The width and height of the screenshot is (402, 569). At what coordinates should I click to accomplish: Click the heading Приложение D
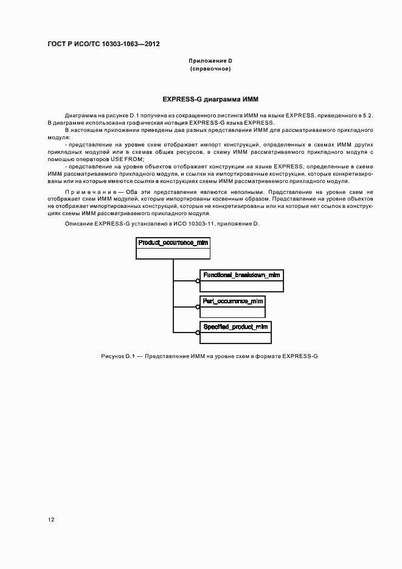coord(210,61)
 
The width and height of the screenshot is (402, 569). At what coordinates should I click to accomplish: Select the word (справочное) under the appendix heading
coord(210,69)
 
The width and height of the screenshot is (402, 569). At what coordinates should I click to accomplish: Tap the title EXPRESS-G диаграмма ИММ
coord(210,98)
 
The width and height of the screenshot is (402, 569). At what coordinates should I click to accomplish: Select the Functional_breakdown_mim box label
coord(241,275)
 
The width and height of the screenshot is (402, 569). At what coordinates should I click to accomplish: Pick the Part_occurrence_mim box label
coord(233,301)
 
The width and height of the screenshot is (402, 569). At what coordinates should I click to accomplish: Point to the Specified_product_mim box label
coord(235,326)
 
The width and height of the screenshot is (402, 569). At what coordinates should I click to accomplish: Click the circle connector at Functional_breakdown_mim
coord(198,281)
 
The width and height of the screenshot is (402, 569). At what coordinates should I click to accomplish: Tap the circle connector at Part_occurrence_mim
coord(198,306)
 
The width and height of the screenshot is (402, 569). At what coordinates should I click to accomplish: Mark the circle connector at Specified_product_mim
coord(198,332)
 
